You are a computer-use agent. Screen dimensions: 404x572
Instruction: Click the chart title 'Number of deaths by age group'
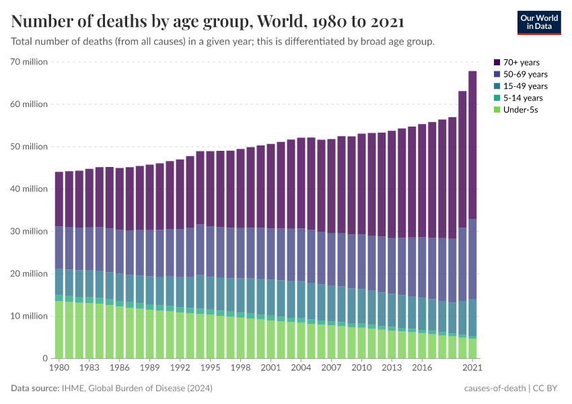click(x=207, y=22)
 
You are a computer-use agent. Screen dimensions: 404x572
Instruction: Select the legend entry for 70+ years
click(x=521, y=63)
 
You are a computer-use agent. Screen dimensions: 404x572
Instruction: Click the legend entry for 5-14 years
click(x=523, y=98)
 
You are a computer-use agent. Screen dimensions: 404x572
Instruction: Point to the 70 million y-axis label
click(x=29, y=62)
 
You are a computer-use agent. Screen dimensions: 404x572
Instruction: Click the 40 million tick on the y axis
click(x=29, y=189)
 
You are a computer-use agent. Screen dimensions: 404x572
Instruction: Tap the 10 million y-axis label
click(x=29, y=316)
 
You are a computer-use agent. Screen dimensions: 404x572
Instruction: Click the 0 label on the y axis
click(x=44, y=358)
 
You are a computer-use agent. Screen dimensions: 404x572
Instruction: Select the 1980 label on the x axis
click(x=59, y=368)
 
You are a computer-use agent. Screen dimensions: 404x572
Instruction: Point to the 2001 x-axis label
click(x=270, y=368)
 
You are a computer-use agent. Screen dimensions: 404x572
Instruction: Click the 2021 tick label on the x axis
click(x=472, y=368)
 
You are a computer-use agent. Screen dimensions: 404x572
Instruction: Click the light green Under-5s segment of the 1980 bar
click(x=59, y=330)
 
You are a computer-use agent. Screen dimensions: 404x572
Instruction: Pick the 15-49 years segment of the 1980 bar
click(x=59, y=282)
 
